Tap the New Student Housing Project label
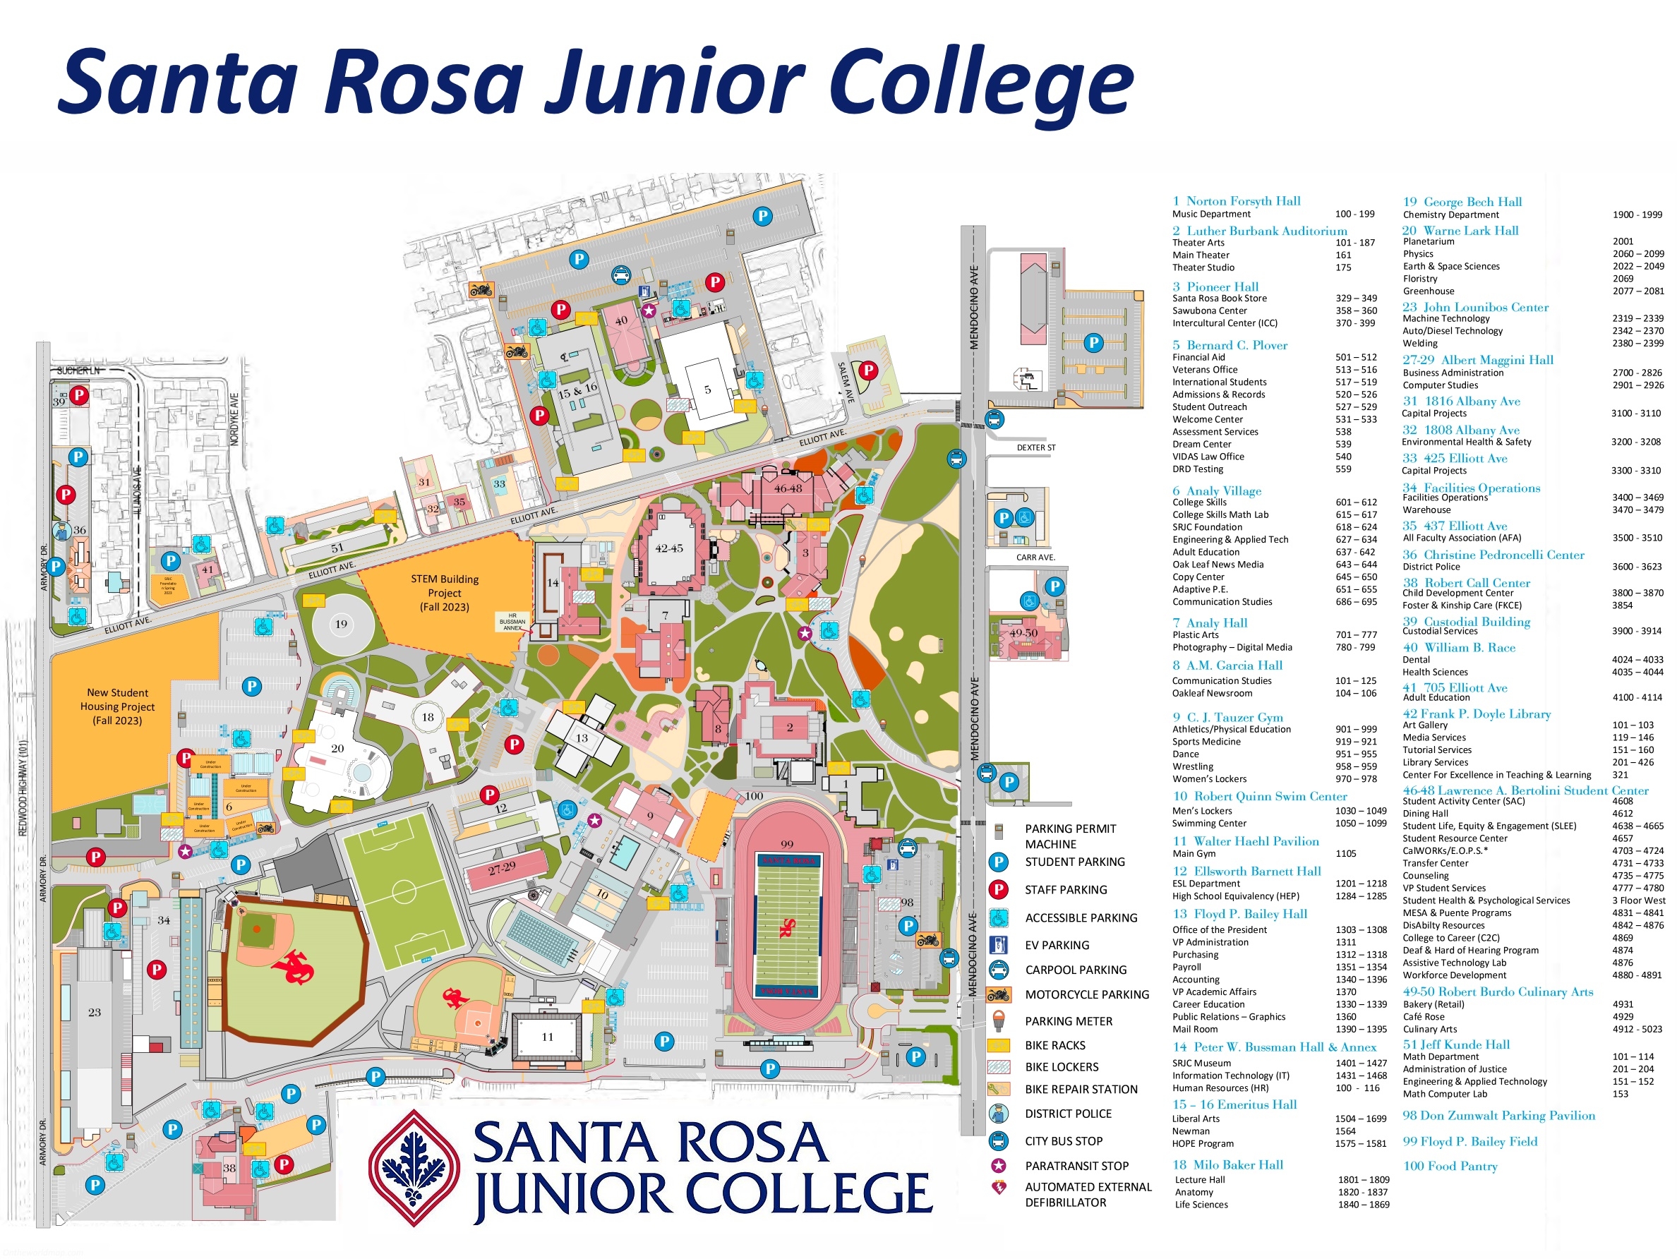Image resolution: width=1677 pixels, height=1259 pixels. tap(117, 706)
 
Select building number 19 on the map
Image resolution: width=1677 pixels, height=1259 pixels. tap(341, 624)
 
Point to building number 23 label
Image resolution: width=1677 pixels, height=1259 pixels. tap(94, 1012)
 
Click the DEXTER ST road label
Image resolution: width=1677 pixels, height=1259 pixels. tap(1035, 448)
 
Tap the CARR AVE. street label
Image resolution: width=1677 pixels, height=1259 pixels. tap(1035, 557)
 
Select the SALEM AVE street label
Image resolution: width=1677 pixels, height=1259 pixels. tap(846, 382)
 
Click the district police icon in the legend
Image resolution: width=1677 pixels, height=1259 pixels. tap(999, 1114)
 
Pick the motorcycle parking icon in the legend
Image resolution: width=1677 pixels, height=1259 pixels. tap(999, 994)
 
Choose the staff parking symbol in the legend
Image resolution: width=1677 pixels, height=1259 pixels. tap(999, 890)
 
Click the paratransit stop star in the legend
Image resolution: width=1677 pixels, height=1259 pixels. tap(999, 1166)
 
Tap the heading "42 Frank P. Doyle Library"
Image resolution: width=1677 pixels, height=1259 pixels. tap(1476, 713)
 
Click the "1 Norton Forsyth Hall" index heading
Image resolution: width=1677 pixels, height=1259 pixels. tap(1236, 201)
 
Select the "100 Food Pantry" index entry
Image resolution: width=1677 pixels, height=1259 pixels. tap(1450, 1166)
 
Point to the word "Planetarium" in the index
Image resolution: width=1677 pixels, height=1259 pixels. tap(1429, 242)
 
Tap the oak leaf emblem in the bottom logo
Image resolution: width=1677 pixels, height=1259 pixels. tap(414, 1168)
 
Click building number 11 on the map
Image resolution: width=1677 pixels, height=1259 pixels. tap(548, 1037)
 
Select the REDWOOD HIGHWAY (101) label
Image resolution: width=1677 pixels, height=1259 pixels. tap(23, 788)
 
